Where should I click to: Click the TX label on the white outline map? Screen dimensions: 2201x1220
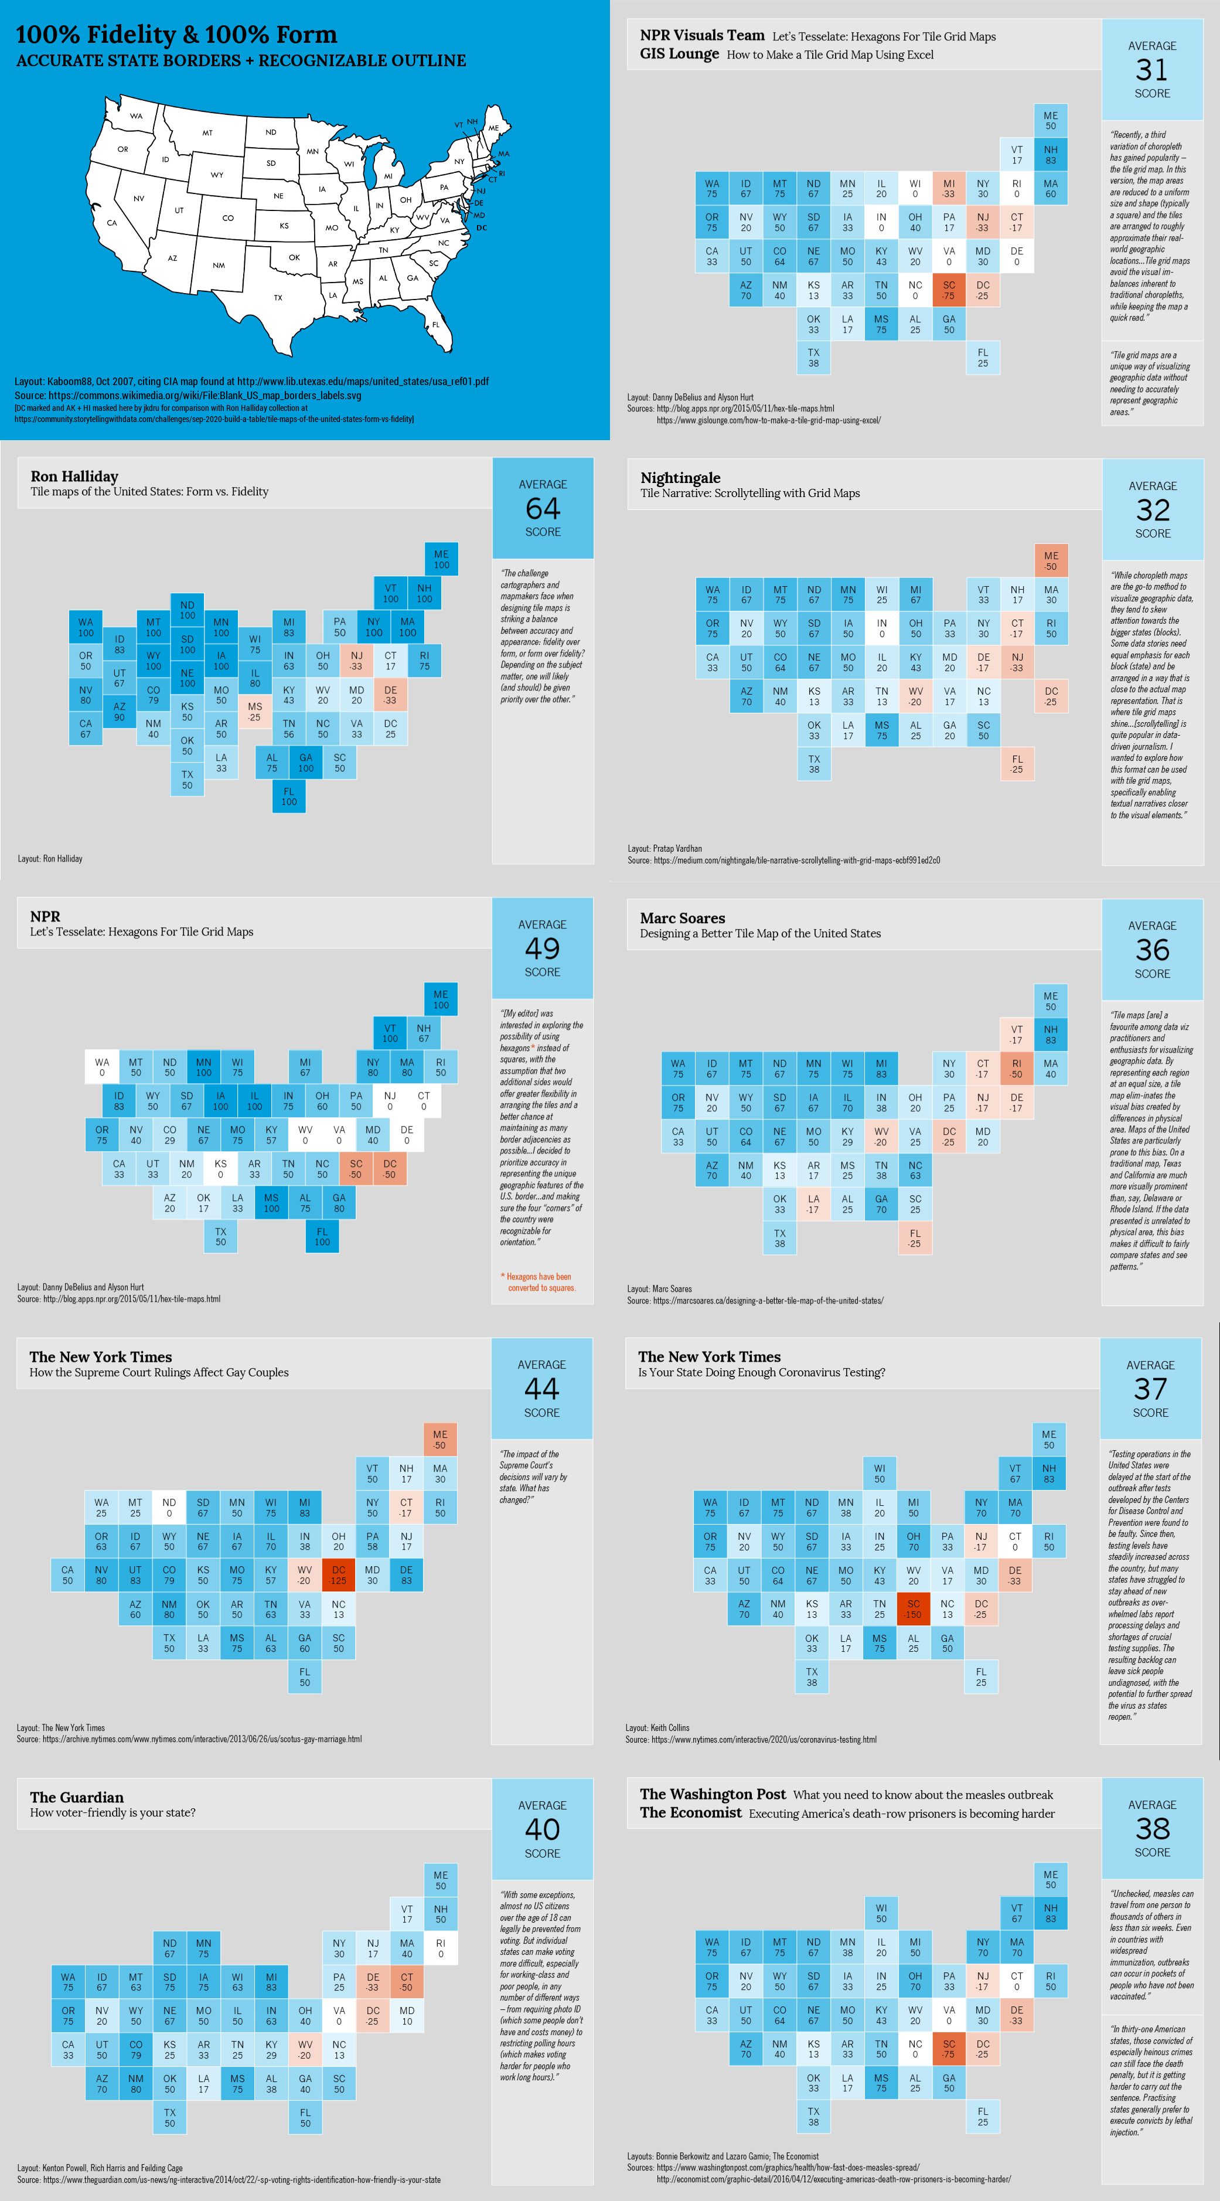[278, 297]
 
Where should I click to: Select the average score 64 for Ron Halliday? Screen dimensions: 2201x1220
[543, 508]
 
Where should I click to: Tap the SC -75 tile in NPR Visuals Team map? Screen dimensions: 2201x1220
[948, 291]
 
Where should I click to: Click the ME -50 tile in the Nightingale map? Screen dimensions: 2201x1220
[1051, 560]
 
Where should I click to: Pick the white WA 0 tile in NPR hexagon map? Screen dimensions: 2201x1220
[102, 1067]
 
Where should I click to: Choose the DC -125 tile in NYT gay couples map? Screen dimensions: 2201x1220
[338, 1575]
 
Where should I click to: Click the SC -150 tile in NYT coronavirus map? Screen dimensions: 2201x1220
[914, 1609]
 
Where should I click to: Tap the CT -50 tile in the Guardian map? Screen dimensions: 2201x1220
[407, 1981]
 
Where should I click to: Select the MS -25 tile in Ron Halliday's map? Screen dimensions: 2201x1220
[254, 712]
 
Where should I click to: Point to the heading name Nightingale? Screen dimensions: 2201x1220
[680, 478]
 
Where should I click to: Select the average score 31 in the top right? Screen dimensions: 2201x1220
[1151, 69]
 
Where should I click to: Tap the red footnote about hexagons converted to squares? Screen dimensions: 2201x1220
[539, 1282]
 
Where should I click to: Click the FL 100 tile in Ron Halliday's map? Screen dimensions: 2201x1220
[289, 797]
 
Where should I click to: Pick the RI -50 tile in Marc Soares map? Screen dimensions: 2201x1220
[1017, 1069]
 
